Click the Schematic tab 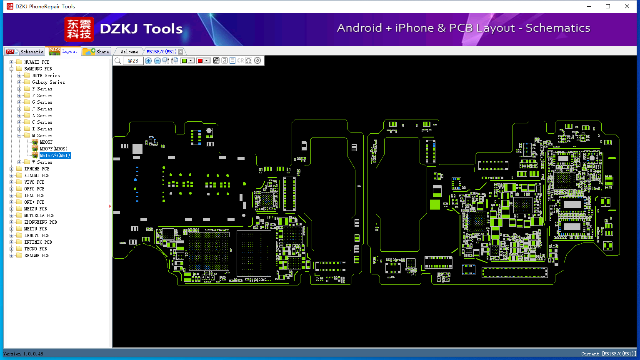point(25,51)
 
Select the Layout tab point(63,51)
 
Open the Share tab point(96,51)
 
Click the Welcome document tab point(129,52)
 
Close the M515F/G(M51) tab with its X point(180,52)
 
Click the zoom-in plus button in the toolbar point(148,60)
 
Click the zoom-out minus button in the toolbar point(157,60)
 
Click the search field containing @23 point(133,60)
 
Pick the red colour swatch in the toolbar point(200,60)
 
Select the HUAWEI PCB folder point(37,62)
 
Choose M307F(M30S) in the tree point(53,149)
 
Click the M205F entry point(46,142)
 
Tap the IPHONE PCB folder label point(37,169)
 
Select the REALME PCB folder point(37,255)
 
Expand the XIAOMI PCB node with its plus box point(11,175)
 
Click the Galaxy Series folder point(48,82)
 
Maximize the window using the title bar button point(608,6)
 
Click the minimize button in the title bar point(589,6)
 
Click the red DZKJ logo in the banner point(79,29)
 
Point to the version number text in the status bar point(23,354)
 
